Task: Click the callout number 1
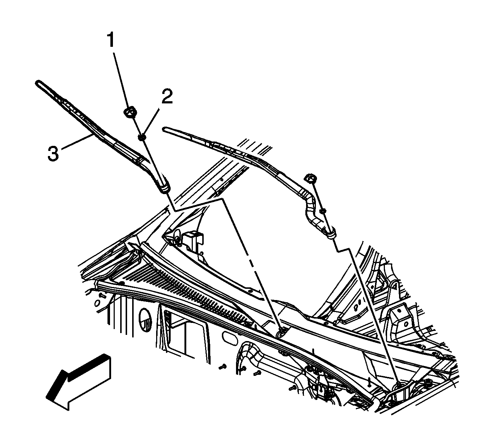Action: click(110, 41)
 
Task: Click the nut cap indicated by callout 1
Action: click(129, 112)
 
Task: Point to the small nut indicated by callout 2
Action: click(142, 137)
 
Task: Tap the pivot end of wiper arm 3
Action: click(164, 187)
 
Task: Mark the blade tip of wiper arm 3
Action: click(38, 83)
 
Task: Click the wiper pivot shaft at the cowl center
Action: click(281, 331)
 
